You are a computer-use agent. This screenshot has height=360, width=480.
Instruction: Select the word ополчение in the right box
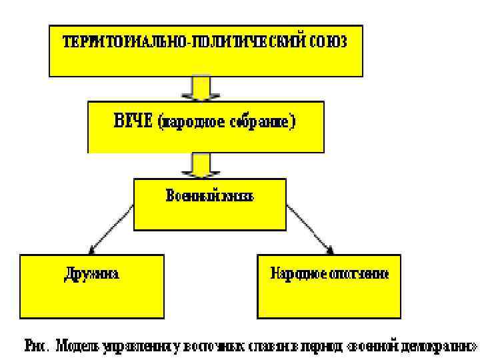356,274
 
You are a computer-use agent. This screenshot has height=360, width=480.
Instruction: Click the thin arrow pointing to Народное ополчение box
309,229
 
